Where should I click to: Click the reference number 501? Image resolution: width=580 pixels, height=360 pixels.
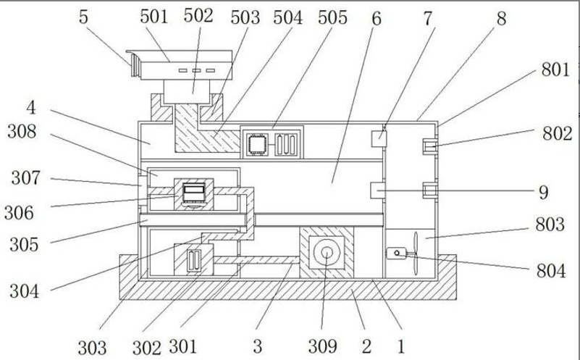(154, 16)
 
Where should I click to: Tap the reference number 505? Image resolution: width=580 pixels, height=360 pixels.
(332, 17)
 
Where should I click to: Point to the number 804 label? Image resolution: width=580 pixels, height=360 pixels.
(551, 272)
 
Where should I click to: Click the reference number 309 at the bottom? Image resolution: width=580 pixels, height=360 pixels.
(322, 346)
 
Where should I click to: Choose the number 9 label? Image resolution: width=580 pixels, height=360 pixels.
(542, 192)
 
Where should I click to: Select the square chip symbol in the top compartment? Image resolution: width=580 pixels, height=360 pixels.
(255, 143)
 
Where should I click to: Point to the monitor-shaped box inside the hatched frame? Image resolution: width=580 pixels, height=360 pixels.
(194, 193)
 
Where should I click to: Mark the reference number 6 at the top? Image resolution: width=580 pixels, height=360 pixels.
(377, 18)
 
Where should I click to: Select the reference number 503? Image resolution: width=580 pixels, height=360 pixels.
(245, 18)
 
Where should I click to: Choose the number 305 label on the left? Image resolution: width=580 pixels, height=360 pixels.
(24, 244)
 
